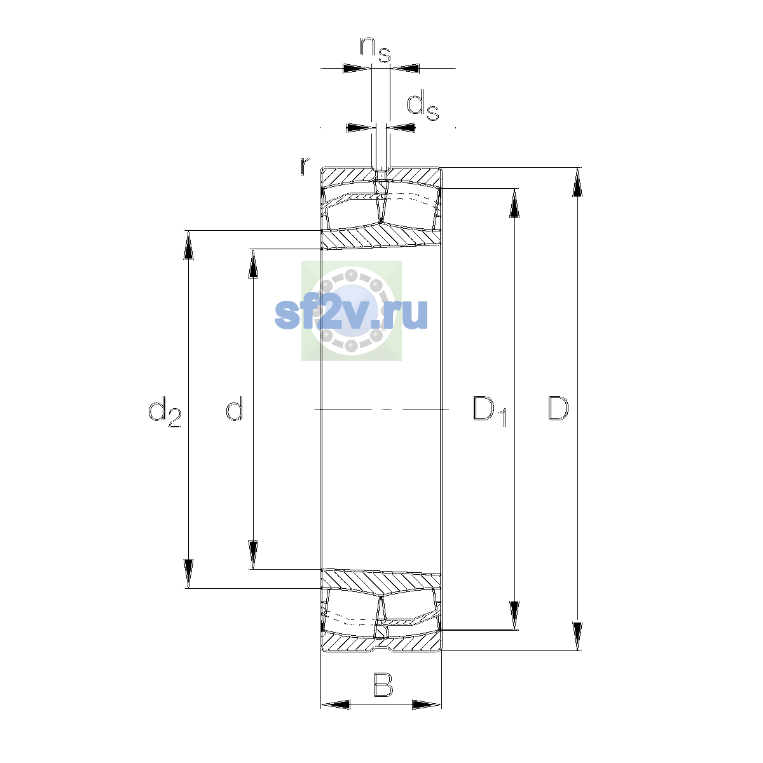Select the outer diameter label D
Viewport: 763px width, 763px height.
(558, 408)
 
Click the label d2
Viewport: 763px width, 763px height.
(164, 412)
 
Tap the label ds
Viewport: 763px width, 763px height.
(422, 105)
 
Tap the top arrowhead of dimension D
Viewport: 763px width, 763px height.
(577, 182)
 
